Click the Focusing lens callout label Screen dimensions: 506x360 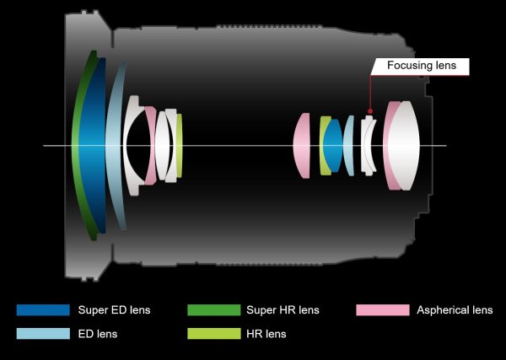(421, 66)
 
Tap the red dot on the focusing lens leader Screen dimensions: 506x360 (370, 111)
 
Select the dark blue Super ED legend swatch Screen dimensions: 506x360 (43, 310)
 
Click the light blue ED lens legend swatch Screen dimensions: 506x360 (43, 334)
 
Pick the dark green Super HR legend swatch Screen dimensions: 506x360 (214, 310)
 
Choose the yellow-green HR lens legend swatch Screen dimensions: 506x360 (214, 334)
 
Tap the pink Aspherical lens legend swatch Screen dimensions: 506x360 (383, 310)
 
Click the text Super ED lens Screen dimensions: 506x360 (114, 310)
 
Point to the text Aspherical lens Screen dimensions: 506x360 (455, 310)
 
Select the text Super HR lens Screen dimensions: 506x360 (283, 310)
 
